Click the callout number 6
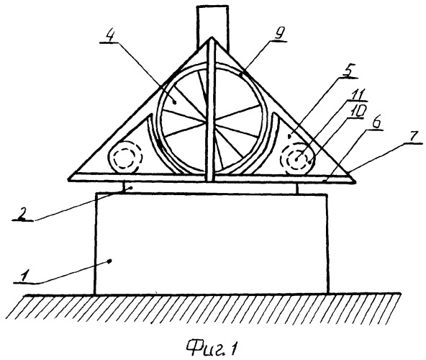click(376, 124)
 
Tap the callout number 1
click(24, 276)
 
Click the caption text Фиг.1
click(212, 346)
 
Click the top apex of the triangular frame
click(211, 37)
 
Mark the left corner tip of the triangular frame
click(69, 179)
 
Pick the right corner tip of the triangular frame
click(355, 182)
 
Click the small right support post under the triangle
click(296, 188)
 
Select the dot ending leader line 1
click(110, 261)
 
